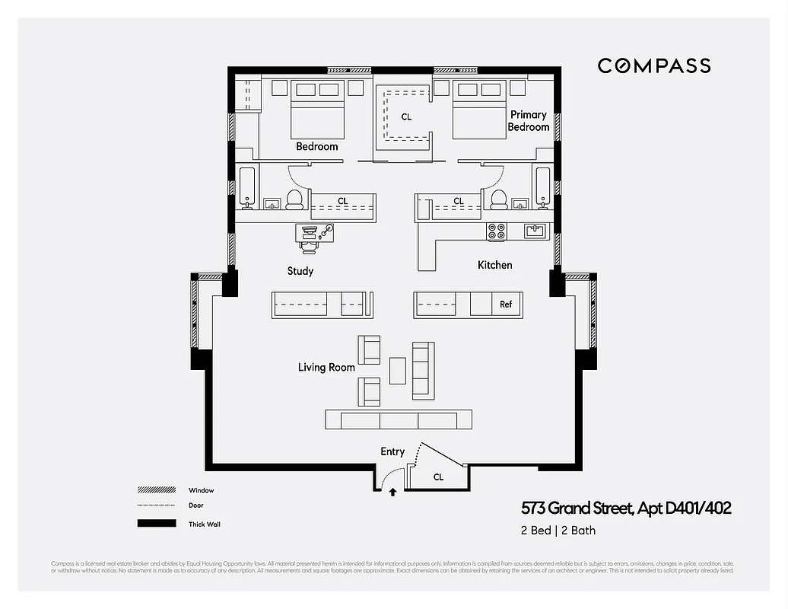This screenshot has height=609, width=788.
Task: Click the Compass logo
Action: (x=653, y=65)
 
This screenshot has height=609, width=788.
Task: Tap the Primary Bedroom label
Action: (x=528, y=121)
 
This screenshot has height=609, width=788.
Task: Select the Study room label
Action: (x=300, y=271)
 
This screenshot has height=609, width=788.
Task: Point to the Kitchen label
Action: (x=494, y=265)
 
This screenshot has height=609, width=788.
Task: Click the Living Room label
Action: (x=326, y=368)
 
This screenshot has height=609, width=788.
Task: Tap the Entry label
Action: (x=392, y=451)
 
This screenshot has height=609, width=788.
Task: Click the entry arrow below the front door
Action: (x=392, y=493)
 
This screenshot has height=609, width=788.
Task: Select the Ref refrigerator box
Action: (x=506, y=304)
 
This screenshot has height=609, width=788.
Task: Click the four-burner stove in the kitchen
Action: (x=497, y=231)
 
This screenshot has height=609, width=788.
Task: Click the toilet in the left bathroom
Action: (x=294, y=200)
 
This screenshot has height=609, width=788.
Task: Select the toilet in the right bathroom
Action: (x=500, y=199)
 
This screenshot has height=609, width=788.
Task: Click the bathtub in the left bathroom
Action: (x=247, y=187)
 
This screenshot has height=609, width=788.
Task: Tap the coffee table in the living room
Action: (x=398, y=371)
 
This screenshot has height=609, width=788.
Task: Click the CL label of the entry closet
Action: (x=438, y=477)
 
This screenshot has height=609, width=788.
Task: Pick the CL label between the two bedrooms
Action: (x=406, y=117)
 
